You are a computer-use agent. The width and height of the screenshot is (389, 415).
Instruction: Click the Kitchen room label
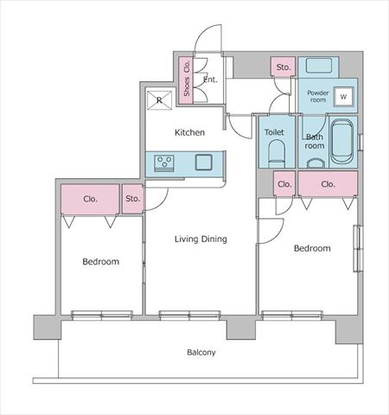click(189, 132)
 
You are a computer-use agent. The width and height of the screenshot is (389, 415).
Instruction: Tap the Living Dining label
click(201, 239)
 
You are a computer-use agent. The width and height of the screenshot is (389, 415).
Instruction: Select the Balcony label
click(201, 352)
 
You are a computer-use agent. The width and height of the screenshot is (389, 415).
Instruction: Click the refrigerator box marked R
click(159, 100)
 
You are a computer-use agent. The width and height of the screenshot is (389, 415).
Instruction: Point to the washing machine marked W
click(343, 97)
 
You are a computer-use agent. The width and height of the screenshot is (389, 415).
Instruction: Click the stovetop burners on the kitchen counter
click(164, 163)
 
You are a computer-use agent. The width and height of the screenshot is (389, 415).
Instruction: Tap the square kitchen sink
click(204, 163)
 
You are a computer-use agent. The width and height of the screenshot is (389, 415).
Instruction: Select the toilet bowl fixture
click(277, 153)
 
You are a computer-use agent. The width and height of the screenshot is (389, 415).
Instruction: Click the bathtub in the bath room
click(341, 142)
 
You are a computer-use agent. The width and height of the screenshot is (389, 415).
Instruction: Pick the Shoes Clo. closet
click(186, 80)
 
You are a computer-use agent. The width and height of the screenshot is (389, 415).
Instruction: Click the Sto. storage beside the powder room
click(283, 67)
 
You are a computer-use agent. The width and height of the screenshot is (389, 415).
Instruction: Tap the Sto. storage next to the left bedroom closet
click(132, 199)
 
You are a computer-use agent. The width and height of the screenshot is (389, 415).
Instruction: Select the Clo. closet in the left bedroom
click(90, 200)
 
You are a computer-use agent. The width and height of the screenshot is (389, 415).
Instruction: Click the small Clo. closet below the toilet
click(284, 184)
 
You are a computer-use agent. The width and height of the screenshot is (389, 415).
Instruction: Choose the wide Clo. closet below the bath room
click(328, 184)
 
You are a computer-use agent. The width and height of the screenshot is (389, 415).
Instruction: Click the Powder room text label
click(318, 96)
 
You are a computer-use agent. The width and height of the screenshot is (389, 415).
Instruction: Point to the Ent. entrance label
click(210, 80)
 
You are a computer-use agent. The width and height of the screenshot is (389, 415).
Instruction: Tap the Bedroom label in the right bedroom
click(312, 248)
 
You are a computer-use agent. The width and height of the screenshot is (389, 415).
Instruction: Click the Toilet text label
click(274, 132)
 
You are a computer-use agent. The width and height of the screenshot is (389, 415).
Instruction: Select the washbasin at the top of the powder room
click(318, 66)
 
